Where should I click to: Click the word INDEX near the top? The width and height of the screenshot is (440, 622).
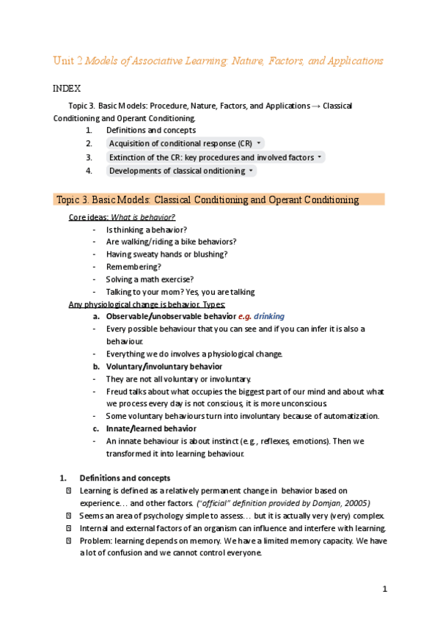coord(66,88)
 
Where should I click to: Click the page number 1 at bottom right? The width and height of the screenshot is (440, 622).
coord(384,589)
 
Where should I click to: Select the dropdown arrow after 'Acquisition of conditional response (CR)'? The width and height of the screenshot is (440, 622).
coord(260,143)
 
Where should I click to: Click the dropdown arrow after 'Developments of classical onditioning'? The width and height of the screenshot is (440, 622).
coord(252,171)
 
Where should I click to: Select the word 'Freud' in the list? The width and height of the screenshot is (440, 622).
coord(117,391)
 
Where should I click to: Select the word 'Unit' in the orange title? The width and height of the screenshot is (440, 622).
coord(63,60)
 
